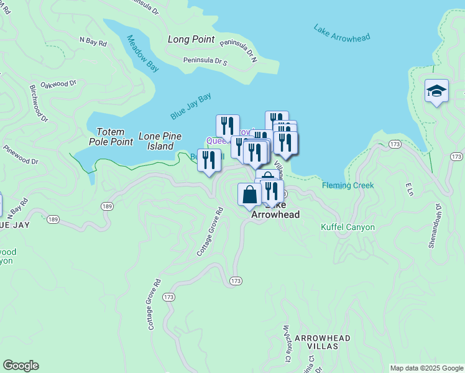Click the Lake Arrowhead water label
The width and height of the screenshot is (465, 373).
pos(342,34)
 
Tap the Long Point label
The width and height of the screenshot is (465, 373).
pos(191,39)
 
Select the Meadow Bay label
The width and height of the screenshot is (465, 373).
pos(143,55)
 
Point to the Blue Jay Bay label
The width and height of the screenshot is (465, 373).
pos(191,106)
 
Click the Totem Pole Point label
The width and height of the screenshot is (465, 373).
pos(115,137)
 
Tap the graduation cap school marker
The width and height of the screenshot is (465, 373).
pos(436,91)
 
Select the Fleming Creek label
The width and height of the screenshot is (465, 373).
pos(348,185)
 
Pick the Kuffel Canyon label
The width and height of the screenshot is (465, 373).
pos(348,227)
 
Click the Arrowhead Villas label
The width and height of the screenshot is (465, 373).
pos(323,342)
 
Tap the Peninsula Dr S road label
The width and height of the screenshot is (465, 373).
pos(206,62)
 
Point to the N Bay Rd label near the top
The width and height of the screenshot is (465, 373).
pos(93,41)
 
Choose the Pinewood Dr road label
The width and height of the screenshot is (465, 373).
pos(21,155)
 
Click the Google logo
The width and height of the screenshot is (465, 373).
pos(21,366)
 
